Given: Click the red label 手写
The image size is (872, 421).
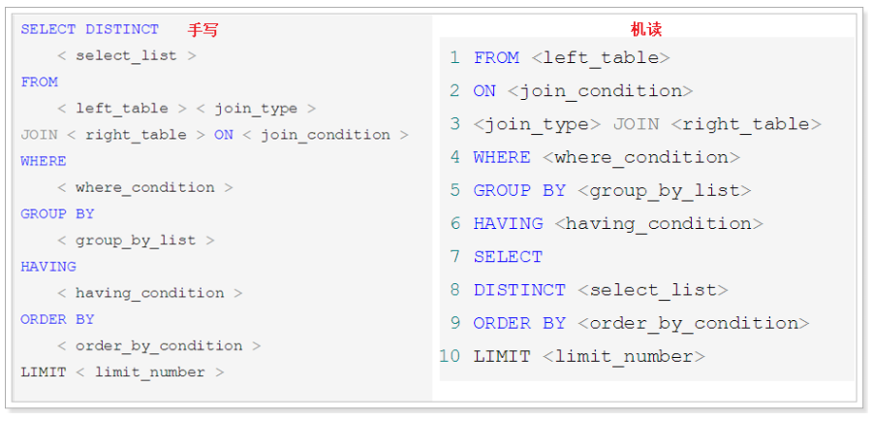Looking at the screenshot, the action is (202, 29).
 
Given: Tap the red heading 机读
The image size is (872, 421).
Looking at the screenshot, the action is (645, 29).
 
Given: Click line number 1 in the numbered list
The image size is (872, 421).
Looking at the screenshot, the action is (454, 57).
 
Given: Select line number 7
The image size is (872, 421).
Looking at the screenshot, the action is (455, 257).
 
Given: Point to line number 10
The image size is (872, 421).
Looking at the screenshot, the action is (450, 356).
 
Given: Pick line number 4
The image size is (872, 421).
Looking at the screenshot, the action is (455, 157).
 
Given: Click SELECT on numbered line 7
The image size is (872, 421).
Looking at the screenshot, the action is (508, 257).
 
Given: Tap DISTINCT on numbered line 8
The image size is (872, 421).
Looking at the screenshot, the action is (519, 290).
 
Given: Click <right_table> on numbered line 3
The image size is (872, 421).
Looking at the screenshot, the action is (746, 124).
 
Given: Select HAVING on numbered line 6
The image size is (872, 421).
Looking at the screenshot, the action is (508, 223).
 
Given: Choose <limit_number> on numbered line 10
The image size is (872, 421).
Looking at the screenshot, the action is (623, 356).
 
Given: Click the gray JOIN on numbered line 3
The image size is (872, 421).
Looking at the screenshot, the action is (636, 123).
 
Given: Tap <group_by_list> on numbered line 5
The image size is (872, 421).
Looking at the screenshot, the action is (665, 191).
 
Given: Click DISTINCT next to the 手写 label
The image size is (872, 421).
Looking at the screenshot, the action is (122, 29).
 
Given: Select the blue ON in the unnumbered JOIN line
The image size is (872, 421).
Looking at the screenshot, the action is (224, 135).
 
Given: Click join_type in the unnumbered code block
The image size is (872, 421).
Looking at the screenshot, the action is (256, 110).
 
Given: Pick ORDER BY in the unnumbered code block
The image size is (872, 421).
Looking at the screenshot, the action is (57, 320).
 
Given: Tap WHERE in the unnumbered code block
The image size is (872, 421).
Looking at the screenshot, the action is (44, 161).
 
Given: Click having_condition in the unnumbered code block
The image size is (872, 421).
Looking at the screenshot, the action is (149, 294).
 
